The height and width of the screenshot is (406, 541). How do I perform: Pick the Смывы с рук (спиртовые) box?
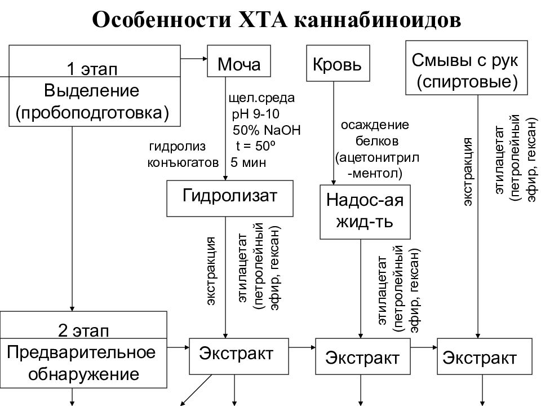click(467, 68)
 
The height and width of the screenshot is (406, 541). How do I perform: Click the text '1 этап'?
click(92, 69)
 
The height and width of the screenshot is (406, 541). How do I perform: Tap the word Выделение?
click(92, 90)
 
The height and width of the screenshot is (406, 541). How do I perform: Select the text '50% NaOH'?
click(267, 131)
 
